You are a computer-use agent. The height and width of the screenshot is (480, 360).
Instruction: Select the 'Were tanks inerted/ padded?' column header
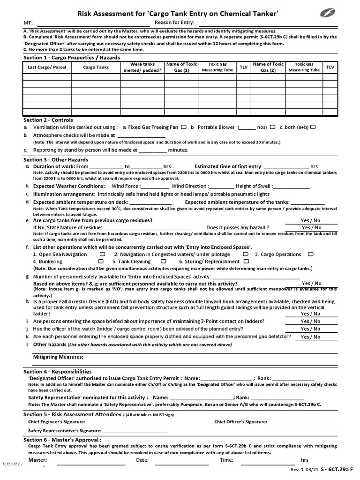[x=142, y=67]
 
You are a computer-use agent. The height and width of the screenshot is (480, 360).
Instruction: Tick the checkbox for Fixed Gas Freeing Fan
[x=184, y=127]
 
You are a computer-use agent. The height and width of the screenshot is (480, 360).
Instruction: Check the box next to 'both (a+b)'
[x=313, y=127]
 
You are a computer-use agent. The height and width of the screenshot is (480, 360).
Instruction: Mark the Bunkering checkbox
[x=101, y=262]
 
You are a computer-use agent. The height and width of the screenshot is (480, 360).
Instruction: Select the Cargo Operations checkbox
[x=310, y=254]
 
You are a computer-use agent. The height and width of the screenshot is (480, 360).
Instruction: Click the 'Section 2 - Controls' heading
[x=48, y=120]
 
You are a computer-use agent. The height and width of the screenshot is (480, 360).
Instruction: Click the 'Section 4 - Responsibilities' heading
[x=57, y=371]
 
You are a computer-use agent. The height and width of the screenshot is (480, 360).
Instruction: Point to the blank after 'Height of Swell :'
[x=291, y=187]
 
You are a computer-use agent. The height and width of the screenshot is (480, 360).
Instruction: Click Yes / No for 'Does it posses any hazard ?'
[x=311, y=227]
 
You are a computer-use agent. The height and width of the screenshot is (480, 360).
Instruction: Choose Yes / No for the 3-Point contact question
[x=311, y=321]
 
